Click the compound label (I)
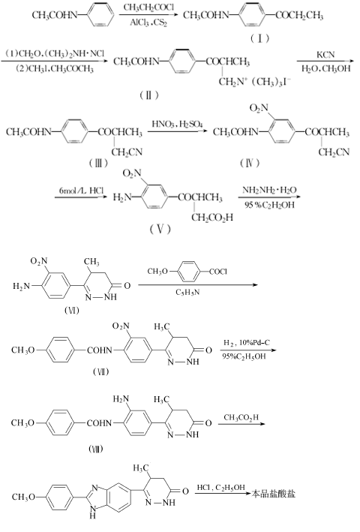click(259, 38)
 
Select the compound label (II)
click(148, 95)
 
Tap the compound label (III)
click(98, 163)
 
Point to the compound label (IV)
click(250, 163)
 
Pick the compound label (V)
click(160, 229)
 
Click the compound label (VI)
click(71, 310)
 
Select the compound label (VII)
click(100, 372)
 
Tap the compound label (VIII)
click(95, 449)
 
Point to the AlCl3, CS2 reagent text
click(148, 23)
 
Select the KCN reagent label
click(325, 55)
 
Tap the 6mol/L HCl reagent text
click(81, 191)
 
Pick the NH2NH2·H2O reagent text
click(269, 190)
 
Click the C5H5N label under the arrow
click(187, 292)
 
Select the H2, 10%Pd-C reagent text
click(247, 342)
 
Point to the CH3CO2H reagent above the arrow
click(241, 417)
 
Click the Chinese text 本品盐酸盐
click(273, 493)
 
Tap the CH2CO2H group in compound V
click(212, 217)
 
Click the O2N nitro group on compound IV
click(259, 108)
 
